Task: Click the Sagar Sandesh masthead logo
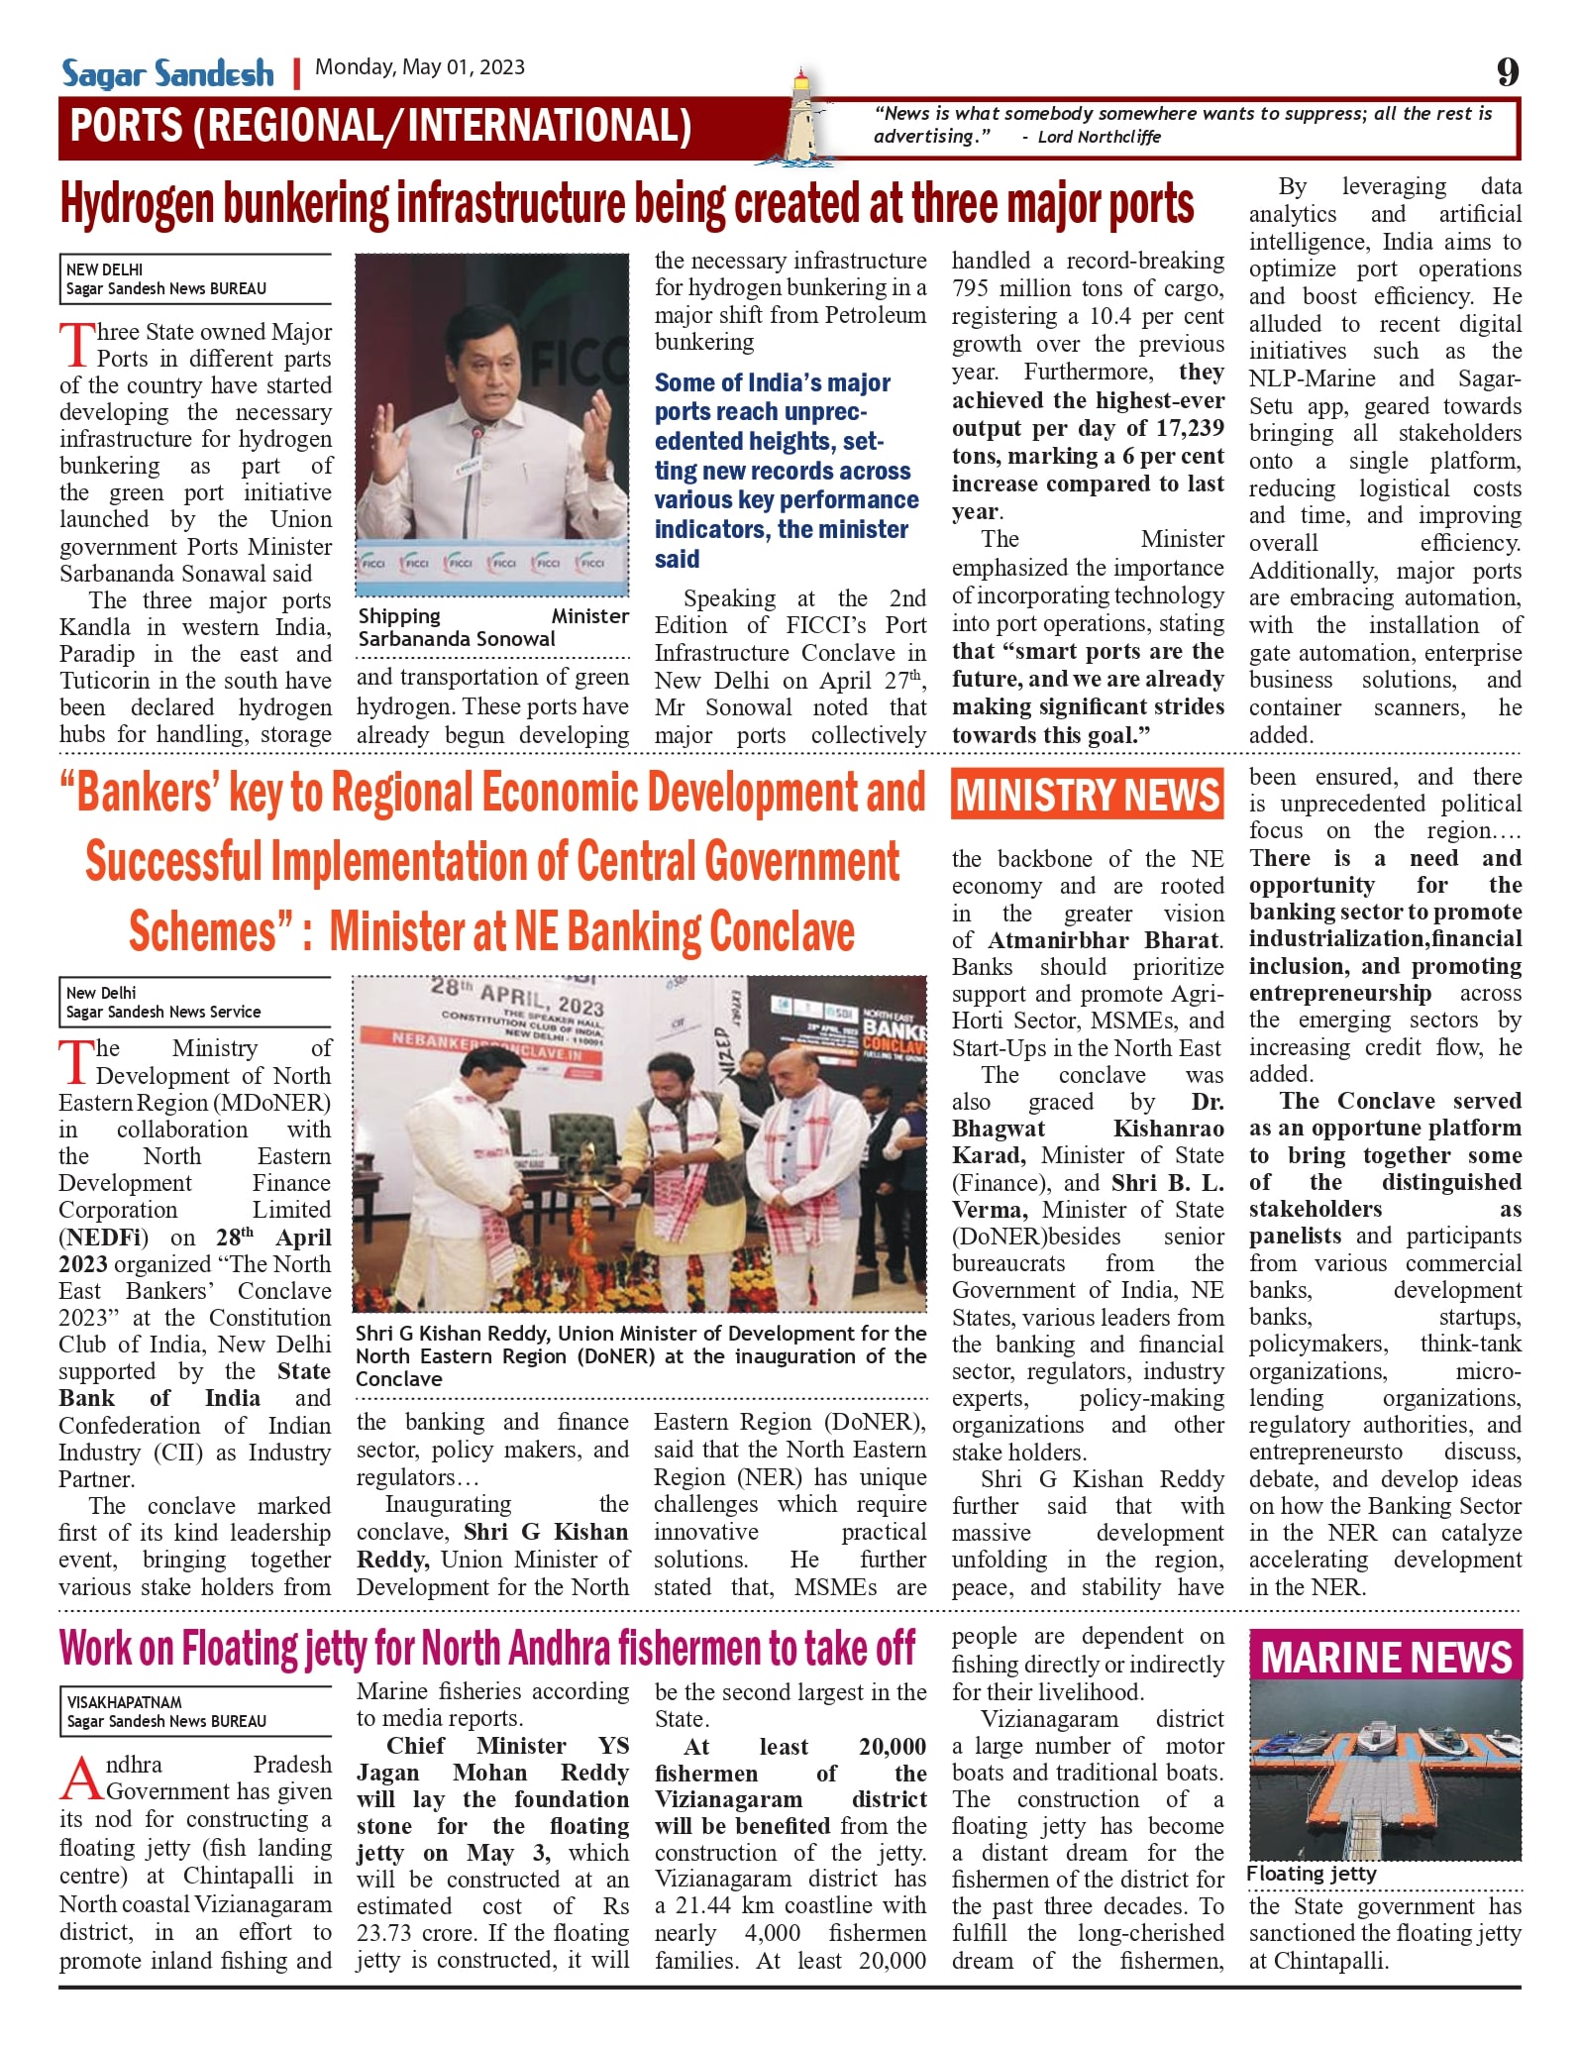point(167,73)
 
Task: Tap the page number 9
point(1507,72)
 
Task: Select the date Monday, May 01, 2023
point(420,67)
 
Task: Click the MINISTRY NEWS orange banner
point(1087,796)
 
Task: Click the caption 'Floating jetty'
point(1311,1874)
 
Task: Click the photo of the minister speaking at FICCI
point(492,424)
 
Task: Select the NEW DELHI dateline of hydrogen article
point(105,269)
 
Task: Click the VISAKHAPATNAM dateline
point(125,1702)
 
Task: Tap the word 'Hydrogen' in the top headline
point(138,205)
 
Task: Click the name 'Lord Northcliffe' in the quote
point(1099,137)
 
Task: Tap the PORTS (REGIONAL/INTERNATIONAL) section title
point(381,127)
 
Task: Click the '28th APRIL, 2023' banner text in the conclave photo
point(517,995)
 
